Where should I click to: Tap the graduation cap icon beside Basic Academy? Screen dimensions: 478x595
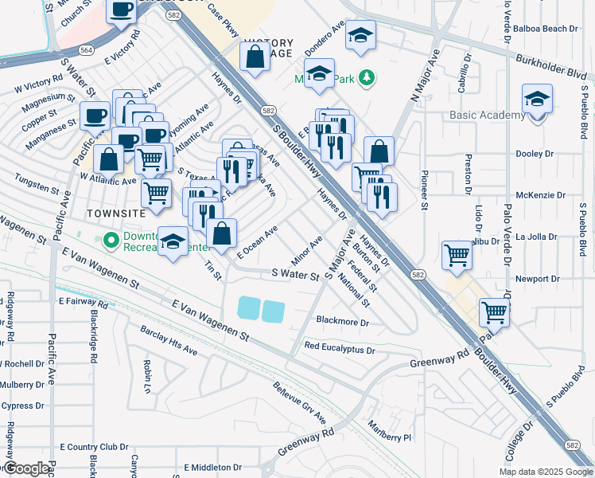[x=537, y=100]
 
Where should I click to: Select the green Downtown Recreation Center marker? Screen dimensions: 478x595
[x=111, y=239]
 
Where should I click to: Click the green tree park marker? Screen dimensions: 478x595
[x=366, y=77]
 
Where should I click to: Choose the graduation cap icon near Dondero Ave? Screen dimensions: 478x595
[x=361, y=35]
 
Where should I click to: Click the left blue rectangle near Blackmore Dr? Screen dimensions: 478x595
[x=247, y=308]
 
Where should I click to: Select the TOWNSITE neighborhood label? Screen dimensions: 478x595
[x=115, y=214]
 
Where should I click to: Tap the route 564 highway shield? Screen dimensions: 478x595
[x=67, y=49]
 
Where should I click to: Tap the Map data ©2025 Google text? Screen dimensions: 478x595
[x=546, y=472]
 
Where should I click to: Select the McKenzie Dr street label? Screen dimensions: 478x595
[x=540, y=194]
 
